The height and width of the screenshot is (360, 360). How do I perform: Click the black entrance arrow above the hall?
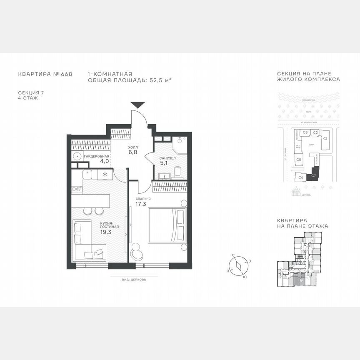[x=137, y=105]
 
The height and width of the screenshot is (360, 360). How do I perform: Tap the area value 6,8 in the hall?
[x=133, y=152]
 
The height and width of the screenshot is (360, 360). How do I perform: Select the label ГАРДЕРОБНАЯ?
[x=97, y=156]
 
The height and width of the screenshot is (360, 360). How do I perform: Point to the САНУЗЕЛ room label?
[x=167, y=158]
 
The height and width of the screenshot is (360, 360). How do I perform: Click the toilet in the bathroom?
[x=177, y=172]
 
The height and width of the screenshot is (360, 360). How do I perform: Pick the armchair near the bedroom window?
[x=137, y=251]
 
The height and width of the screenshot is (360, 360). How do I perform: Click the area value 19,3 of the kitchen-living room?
[x=107, y=232]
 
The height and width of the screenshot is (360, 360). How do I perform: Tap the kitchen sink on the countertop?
[x=87, y=174]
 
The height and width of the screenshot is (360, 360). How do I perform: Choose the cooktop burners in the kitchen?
[x=77, y=189]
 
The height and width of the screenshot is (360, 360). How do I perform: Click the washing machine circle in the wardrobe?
[x=77, y=157]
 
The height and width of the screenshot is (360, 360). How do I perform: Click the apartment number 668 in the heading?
[x=66, y=74]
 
